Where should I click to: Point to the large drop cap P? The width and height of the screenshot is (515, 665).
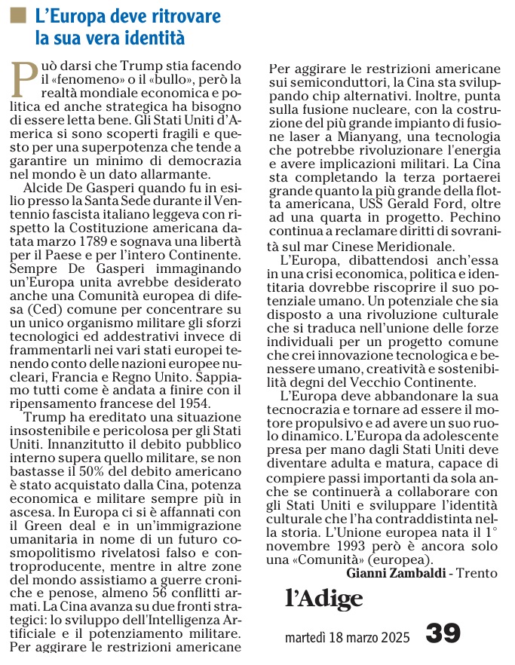(25, 79)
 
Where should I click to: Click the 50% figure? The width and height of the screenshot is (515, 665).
(96, 468)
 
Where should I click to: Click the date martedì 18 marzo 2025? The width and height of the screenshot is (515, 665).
(348, 638)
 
